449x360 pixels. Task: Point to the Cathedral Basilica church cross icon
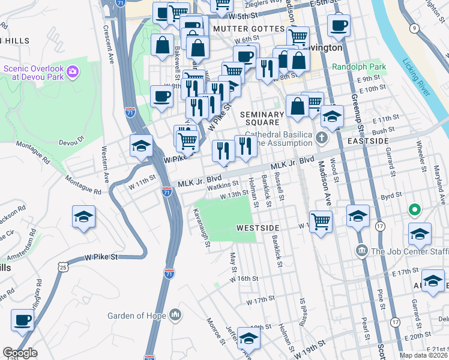[x=322, y=139]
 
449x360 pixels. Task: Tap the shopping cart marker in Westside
[x=321, y=221]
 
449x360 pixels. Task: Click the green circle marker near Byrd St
[x=413, y=211]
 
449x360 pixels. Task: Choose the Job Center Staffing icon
[x=361, y=251]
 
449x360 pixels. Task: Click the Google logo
[x=20, y=353]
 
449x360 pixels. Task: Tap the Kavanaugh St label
[x=201, y=227]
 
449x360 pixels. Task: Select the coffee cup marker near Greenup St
[x=339, y=25]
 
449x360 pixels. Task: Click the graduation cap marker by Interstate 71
[x=141, y=146]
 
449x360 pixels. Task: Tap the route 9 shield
[x=414, y=28]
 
